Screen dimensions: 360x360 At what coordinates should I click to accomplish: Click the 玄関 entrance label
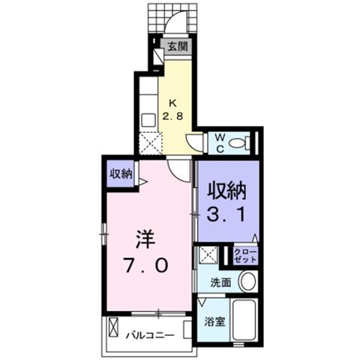178,46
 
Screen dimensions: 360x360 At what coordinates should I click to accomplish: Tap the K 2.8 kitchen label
173,109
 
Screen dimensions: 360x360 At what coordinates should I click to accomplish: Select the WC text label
220,143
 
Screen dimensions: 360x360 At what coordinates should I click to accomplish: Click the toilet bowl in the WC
238,143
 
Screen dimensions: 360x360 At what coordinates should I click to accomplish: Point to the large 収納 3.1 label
227,202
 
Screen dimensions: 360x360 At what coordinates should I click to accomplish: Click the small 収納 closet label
121,174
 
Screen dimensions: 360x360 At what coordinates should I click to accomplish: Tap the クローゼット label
245,256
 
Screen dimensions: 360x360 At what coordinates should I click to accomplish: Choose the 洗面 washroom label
220,283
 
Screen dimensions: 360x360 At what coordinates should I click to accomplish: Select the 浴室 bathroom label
214,322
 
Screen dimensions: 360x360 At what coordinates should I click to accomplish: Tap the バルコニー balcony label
149,335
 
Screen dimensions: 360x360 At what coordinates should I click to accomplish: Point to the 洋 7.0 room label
145,252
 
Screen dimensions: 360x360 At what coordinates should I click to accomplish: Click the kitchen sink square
148,120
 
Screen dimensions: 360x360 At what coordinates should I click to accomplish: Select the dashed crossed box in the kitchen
151,143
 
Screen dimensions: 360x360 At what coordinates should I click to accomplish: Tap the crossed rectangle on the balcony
113,327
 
